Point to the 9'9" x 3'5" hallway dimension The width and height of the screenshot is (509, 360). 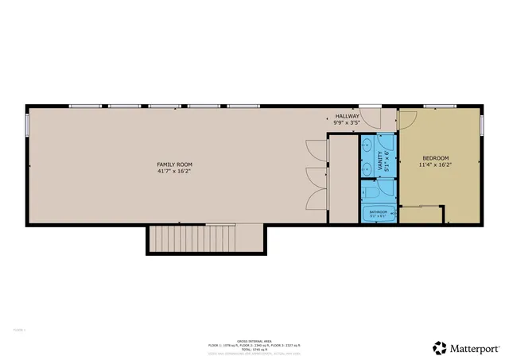coord(348,123)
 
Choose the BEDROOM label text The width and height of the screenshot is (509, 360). coord(436,158)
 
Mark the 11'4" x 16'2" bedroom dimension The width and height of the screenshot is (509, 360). coord(436,165)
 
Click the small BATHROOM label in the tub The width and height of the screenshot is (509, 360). coord(378,213)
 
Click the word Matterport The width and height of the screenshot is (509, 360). coord(476,347)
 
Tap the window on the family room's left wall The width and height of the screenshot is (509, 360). coord(28,125)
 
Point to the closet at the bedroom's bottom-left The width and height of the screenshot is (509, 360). coord(422,215)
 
